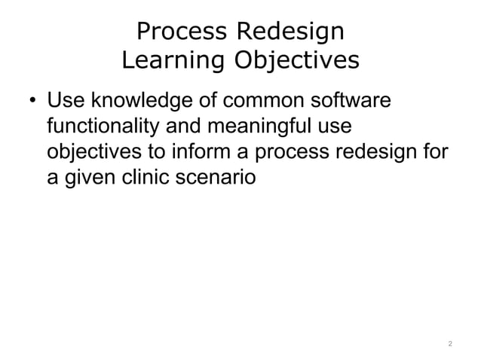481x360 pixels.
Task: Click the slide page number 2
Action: point(449,343)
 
